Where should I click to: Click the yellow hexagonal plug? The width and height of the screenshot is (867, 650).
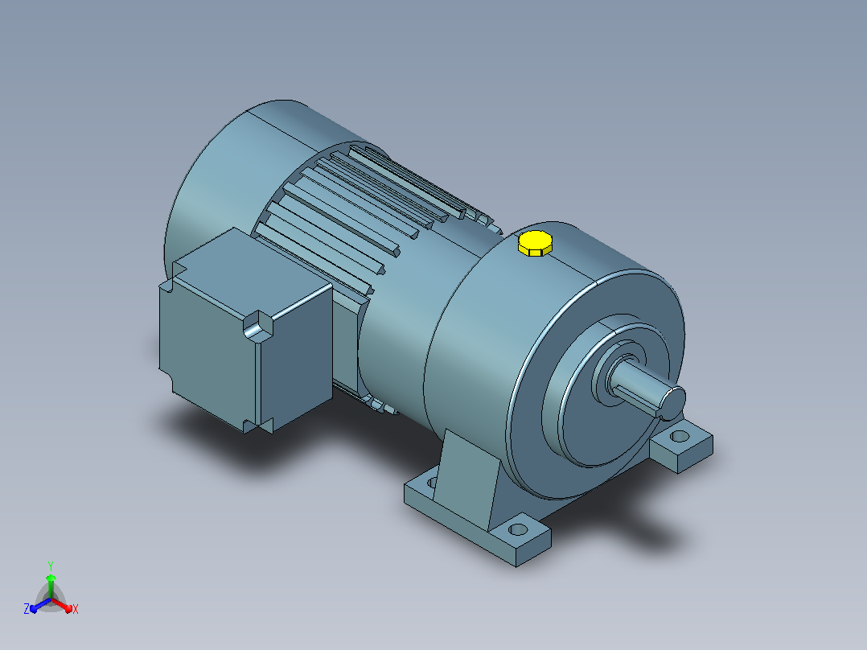tap(536, 244)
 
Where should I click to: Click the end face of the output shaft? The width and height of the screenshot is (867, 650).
tap(673, 402)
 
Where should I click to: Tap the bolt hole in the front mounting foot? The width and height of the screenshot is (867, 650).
tap(518, 529)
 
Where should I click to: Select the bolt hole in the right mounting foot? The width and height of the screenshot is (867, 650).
tap(680, 437)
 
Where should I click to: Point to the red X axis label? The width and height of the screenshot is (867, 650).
tap(76, 609)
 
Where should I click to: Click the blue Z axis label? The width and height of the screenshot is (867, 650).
tap(27, 608)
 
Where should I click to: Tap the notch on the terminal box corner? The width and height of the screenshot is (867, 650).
tap(258, 326)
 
